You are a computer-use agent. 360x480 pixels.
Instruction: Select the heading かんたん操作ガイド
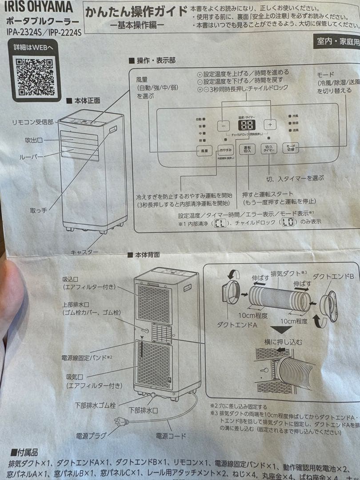tap(136, 12)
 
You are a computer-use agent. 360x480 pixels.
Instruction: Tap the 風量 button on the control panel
tap(204, 151)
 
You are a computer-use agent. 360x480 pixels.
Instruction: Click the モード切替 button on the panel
tap(291, 148)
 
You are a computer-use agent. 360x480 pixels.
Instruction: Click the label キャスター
tap(84, 252)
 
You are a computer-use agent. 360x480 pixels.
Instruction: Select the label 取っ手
tap(39, 209)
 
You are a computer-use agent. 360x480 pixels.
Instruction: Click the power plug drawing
tap(121, 422)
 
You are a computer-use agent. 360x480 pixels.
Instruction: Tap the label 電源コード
tap(171, 436)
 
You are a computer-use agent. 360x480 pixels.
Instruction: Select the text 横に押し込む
tap(284, 342)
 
